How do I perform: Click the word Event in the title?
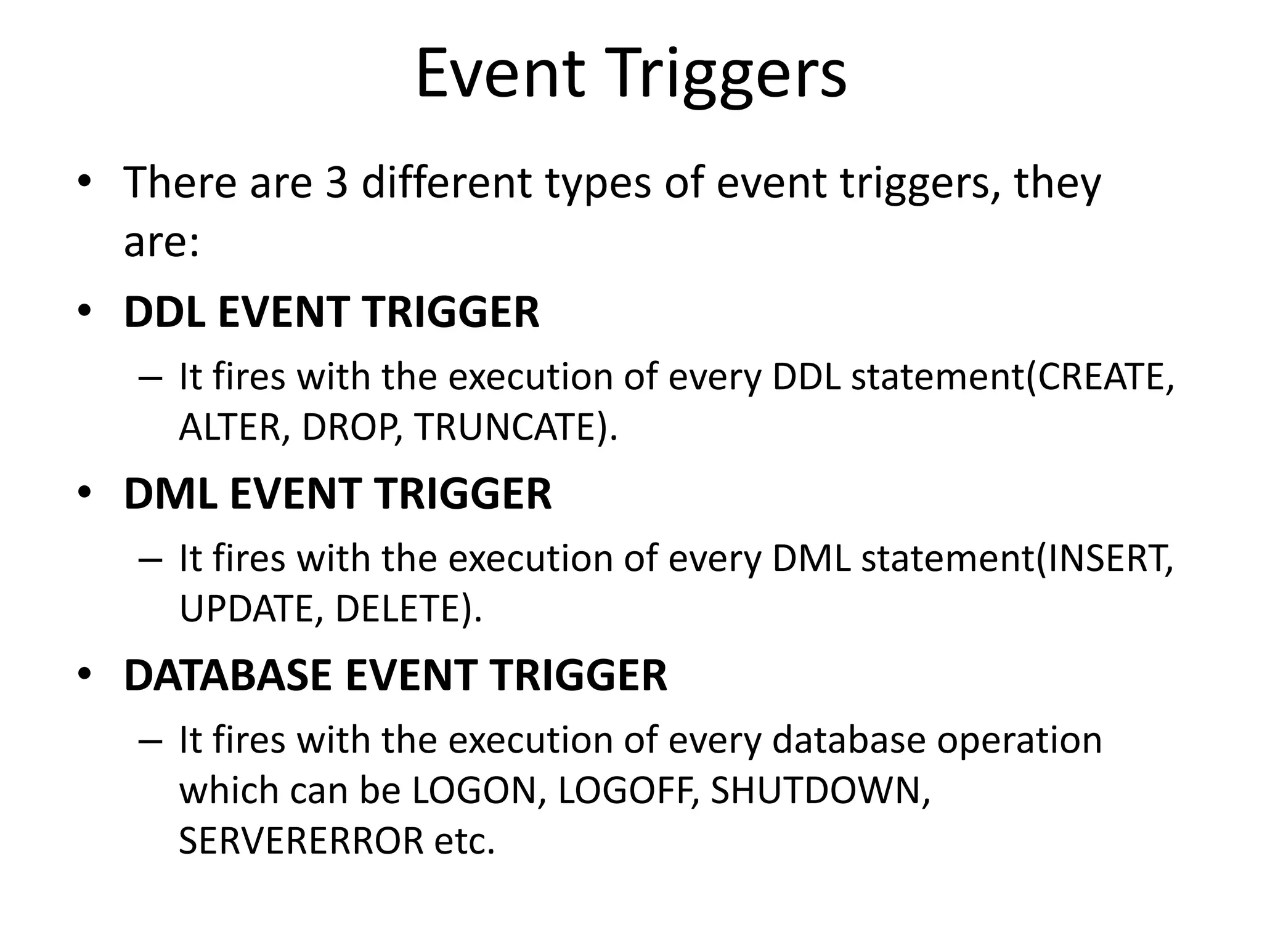pos(499,75)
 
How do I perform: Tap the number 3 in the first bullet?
pos(336,183)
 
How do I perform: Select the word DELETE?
pos(398,608)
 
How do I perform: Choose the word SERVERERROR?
pos(301,841)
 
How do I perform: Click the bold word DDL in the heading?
pos(164,312)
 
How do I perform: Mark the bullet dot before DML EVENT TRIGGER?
pos(85,493)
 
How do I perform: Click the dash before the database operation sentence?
pos(150,741)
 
